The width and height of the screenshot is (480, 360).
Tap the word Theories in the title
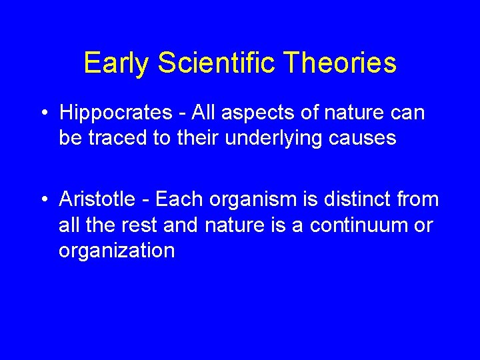(341, 63)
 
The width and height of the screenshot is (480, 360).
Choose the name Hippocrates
(115, 113)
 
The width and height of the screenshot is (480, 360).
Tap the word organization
(117, 251)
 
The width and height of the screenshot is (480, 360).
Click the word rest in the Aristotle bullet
(139, 225)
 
